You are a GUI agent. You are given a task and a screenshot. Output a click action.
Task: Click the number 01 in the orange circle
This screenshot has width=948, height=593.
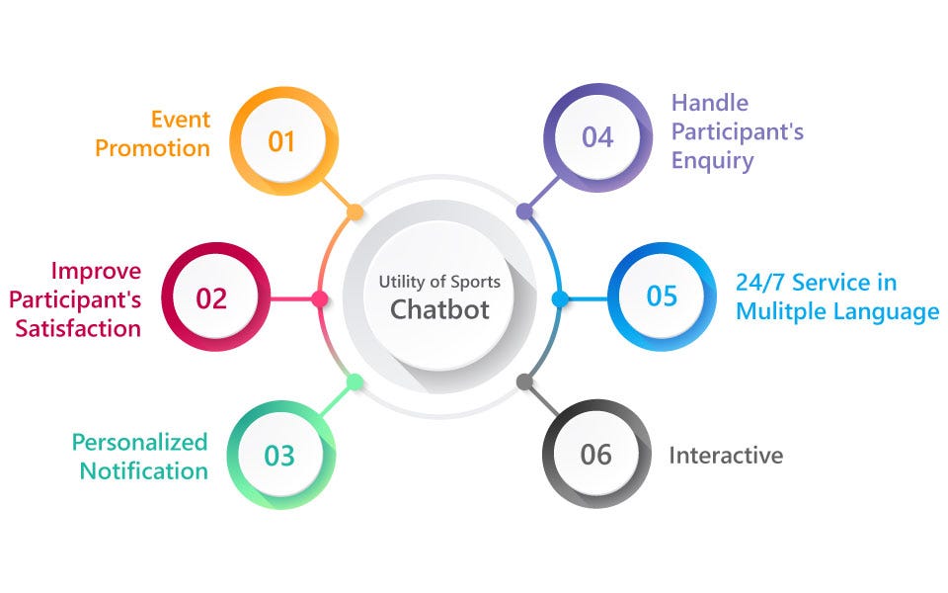click(281, 141)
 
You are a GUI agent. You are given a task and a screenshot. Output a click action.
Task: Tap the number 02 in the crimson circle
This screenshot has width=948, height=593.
click(211, 298)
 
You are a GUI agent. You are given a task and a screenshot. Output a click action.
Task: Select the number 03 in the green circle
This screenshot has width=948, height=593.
click(279, 456)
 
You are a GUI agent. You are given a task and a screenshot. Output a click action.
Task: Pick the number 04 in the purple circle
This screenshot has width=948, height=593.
click(597, 137)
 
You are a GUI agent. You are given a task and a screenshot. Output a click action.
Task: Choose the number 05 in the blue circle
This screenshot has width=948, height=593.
click(662, 296)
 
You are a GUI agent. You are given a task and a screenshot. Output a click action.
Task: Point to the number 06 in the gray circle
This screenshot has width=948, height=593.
click(596, 455)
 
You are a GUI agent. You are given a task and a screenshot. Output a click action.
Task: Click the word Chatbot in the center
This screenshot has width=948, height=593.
click(439, 309)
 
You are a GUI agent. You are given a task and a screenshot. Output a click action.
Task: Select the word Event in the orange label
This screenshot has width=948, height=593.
click(181, 120)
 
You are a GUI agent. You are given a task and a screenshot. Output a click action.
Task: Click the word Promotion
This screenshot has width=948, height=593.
click(152, 148)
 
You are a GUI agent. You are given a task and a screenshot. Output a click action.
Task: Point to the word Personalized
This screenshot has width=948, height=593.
click(139, 442)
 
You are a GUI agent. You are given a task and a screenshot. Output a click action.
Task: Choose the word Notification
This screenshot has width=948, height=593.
click(144, 470)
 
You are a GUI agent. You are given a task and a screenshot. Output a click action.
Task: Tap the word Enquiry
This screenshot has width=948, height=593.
click(712, 160)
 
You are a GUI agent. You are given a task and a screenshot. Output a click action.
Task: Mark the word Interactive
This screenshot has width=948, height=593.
click(726, 456)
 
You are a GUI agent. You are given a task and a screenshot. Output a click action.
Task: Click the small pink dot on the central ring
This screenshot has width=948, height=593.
click(319, 298)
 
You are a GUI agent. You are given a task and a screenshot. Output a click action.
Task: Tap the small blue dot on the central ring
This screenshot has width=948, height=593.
click(559, 297)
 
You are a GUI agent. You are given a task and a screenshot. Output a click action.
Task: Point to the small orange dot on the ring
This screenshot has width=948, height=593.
click(355, 212)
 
